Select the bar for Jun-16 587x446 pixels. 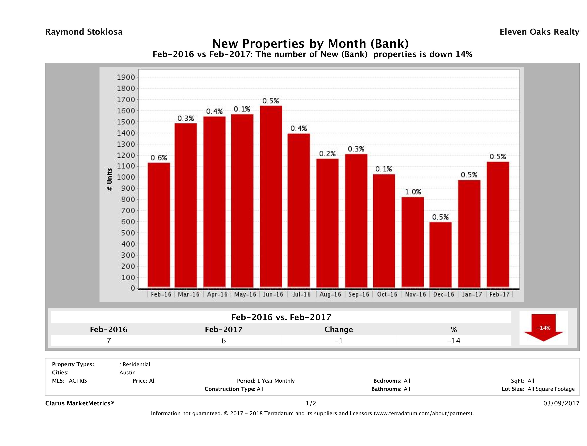pos(271,197)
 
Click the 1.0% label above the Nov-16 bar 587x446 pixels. pos(413,192)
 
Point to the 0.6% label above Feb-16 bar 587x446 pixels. pos(159,158)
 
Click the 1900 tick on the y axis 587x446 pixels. pos(126,77)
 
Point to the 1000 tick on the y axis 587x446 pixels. pos(126,177)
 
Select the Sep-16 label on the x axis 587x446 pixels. pos(359,294)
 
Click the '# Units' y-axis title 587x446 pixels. pos(109,180)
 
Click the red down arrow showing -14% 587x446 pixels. pos(543,328)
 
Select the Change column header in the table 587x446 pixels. pos(339,330)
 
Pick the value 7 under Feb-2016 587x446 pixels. pos(109,341)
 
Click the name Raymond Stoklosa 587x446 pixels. pos(84,32)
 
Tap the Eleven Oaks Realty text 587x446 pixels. pos(539,32)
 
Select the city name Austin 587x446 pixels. pos(127,373)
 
